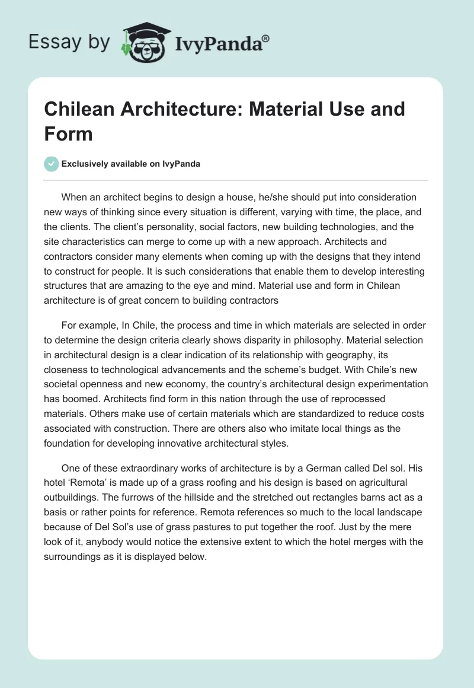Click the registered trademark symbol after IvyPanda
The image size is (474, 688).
click(x=266, y=37)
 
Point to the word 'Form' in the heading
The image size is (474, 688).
click(x=68, y=133)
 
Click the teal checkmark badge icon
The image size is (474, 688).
click(x=52, y=164)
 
